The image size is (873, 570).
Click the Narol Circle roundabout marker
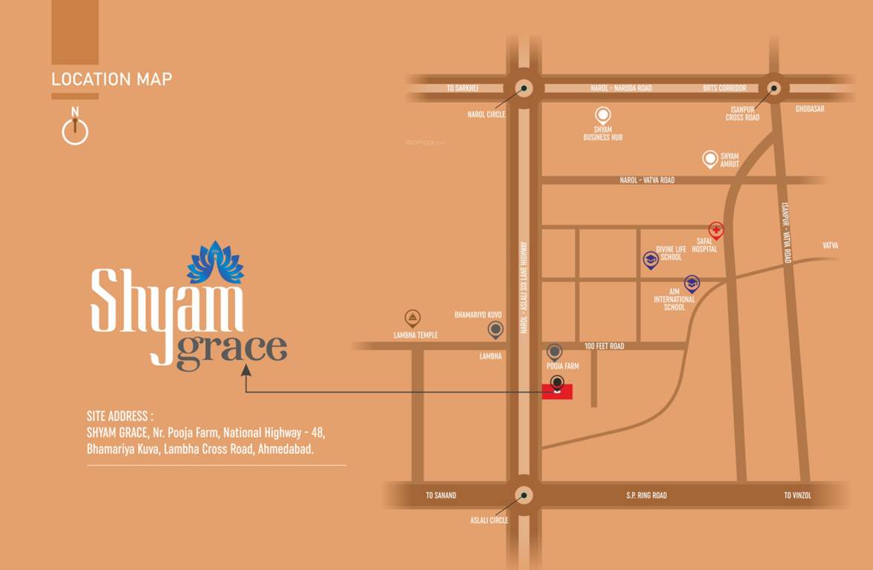pos(524,88)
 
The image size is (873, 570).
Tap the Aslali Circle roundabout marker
pos(524,495)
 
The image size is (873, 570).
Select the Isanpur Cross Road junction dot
pos(774,88)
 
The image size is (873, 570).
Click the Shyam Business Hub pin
pos(603,115)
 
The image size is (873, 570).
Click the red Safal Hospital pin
pos(716,229)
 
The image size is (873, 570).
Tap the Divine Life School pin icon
pos(650,259)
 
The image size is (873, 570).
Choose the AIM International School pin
pos(692,283)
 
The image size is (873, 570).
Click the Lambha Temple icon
pos(413,318)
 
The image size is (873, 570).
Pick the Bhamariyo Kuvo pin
pos(495,329)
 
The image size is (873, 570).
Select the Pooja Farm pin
pos(554,352)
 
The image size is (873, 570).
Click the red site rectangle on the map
pos(557,393)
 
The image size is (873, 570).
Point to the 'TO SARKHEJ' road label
pos(462,88)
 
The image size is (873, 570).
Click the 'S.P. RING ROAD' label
pos(647,495)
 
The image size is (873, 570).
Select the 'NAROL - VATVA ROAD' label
pos(647,180)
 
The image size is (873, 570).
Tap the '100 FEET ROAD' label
pos(604,346)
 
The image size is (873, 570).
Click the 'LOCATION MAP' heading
pos(112,79)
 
